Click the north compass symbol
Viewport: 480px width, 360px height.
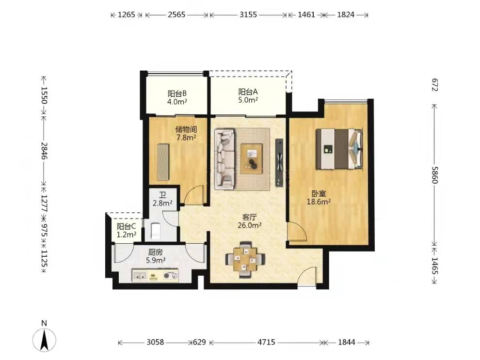(45, 340)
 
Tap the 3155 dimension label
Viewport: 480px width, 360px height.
(248, 15)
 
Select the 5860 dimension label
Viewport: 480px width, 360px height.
(435, 174)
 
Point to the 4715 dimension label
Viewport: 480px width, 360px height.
(266, 342)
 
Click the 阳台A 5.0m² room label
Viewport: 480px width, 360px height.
(248, 96)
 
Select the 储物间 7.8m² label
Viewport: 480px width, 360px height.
(186, 133)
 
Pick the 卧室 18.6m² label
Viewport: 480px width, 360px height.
(319, 198)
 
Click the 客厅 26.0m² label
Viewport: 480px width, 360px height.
(249, 221)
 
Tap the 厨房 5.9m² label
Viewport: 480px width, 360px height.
(156, 256)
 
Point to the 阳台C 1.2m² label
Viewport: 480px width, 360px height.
(127, 231)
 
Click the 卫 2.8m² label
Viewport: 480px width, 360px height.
(162, 199)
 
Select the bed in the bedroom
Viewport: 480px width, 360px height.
(339, 149)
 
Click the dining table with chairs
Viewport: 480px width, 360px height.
(245, 259)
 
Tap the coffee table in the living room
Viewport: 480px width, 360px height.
(251, 159)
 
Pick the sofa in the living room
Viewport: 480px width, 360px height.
(224, 159)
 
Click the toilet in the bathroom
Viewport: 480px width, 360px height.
(156, 231)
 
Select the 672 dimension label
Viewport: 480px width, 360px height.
(435, 85)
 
